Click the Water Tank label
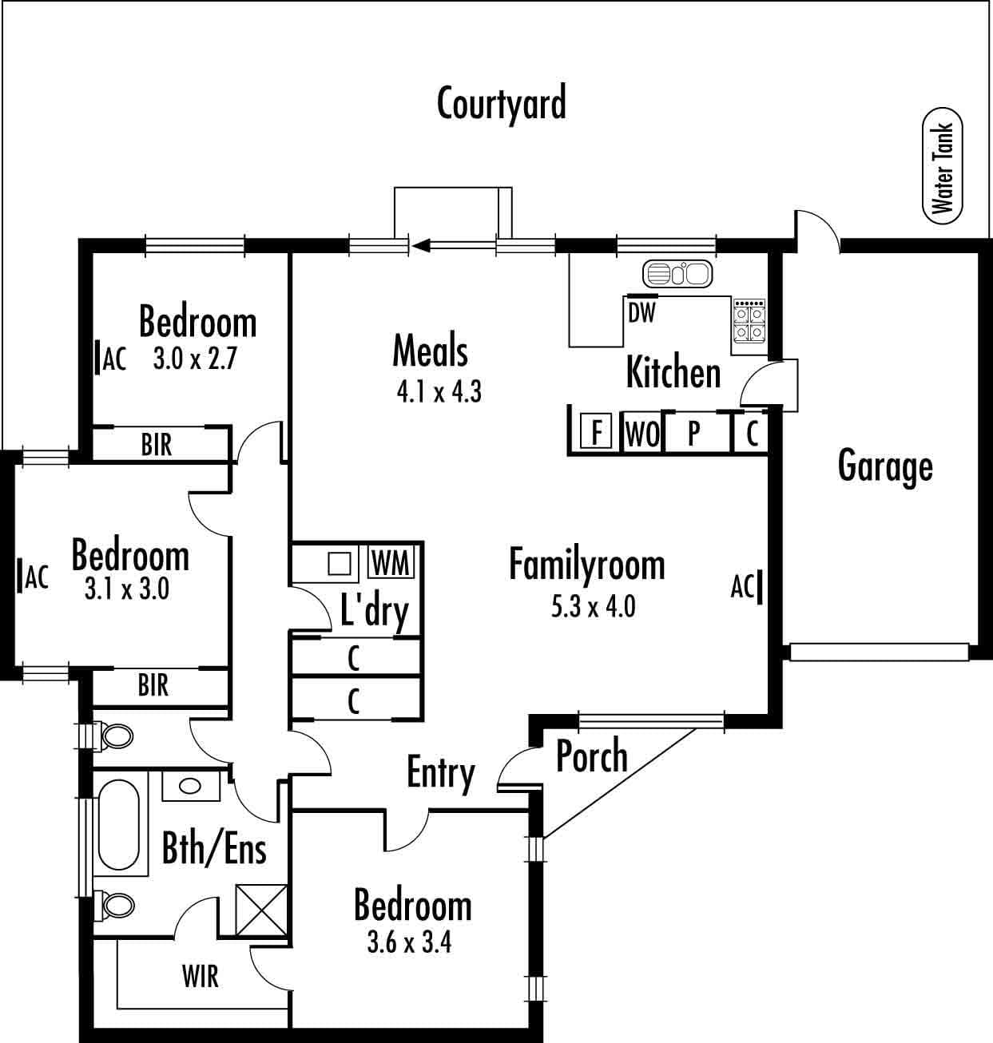943,169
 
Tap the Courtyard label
502,104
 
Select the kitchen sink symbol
677,274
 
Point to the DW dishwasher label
641,312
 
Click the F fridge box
596,430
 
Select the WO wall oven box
642,433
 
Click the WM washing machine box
391,563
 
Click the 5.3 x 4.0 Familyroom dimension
593,607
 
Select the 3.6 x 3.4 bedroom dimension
409,942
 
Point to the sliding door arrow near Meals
455,246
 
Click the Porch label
592,755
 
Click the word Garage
885,466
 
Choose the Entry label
440,774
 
